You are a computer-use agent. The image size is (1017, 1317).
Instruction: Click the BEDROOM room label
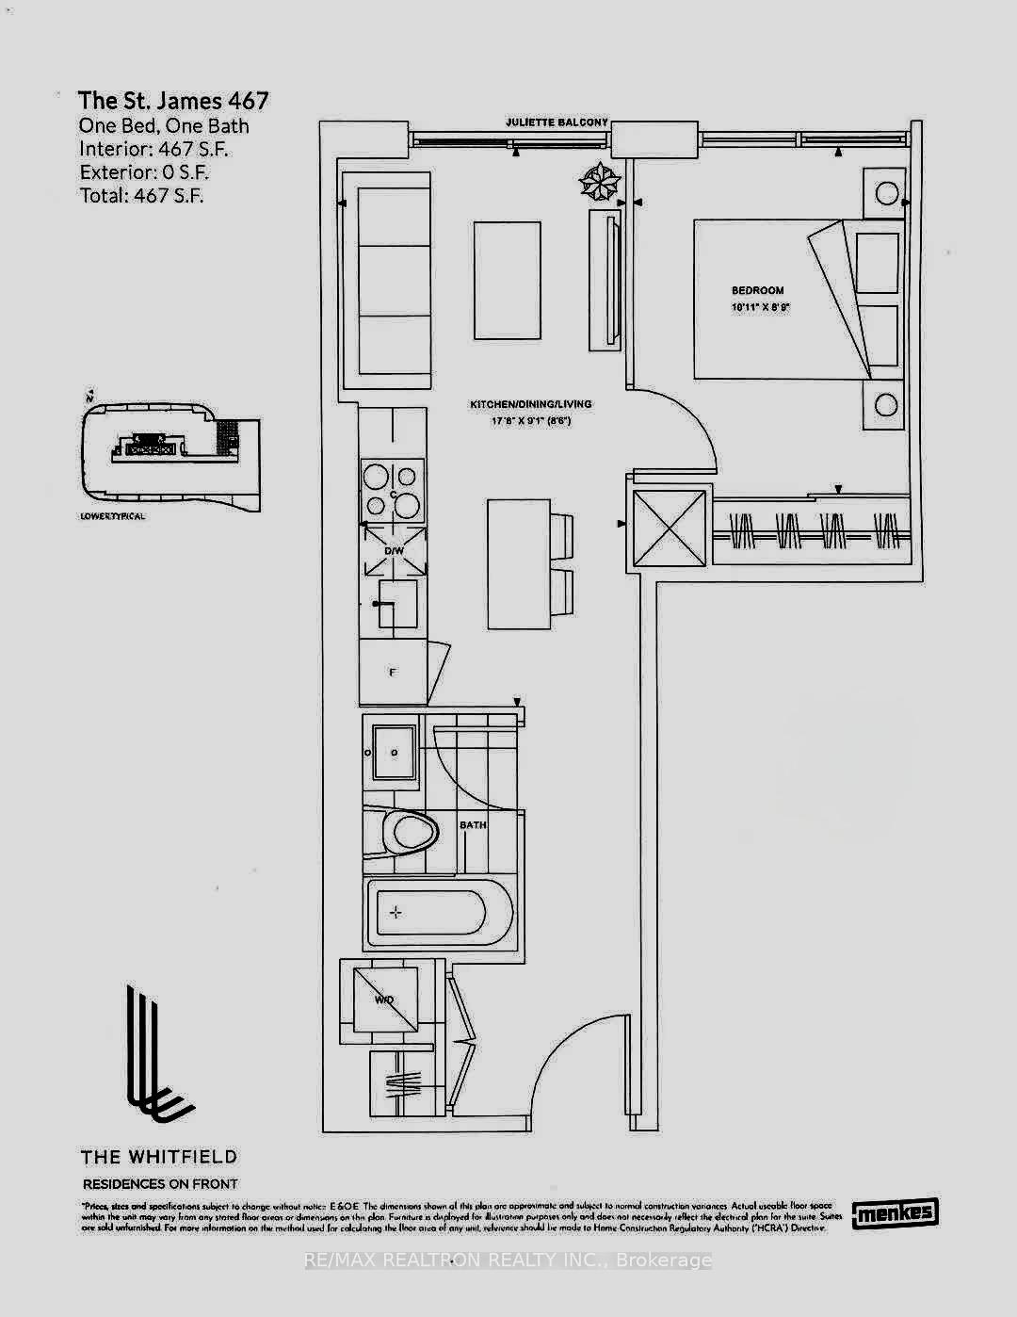[x=757, y=290]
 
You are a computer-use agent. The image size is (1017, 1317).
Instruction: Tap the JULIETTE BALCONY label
[x=557, y=122]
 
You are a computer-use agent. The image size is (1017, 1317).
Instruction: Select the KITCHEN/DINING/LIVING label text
[x=531, y=404]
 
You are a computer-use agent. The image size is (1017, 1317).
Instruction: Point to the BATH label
[x=473, y=825]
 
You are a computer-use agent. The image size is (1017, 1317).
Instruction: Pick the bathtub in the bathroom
[x=439, y=913]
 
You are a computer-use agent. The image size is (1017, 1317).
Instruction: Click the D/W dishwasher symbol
[x=394, y=551]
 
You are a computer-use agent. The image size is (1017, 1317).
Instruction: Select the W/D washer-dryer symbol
[x=384, y=1000]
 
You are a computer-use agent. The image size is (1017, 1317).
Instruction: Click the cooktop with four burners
[x=393, y=491]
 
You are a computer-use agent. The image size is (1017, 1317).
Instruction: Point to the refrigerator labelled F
[x=394, y=672]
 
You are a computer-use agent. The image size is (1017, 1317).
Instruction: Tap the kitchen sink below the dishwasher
[x=395, y=603]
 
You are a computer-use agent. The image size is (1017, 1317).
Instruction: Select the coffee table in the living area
[x=508, y=280]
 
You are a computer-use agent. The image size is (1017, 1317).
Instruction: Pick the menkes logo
[x=895, y=1212]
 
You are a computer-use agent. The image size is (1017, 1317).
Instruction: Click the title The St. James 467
[x=173, y=101]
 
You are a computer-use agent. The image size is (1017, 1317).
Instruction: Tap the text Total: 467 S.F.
[x=141, y=196]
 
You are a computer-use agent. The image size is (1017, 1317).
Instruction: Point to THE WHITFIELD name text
[x=158, y=1157]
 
